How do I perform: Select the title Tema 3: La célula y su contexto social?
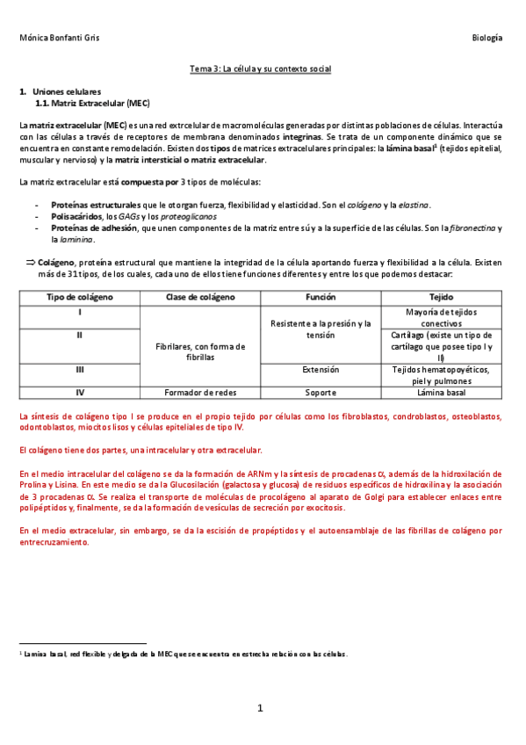pos(261,69)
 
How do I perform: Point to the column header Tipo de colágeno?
pos(80,298)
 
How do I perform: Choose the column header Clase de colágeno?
pos(200,298)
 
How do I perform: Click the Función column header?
pos(321,298)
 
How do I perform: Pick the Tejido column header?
pos(442,298)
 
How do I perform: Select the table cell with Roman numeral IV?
pos(80,393)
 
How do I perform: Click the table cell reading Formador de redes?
pos(200,393)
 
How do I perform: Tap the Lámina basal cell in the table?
pos(442,393)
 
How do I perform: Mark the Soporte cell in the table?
pos(321,393)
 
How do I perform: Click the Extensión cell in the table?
pos(321,370)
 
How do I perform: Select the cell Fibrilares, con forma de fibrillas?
pos(200,352)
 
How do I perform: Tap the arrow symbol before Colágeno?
pos(29,262)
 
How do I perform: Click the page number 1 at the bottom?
pos(261,708)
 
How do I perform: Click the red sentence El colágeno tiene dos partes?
pos(141,450)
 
